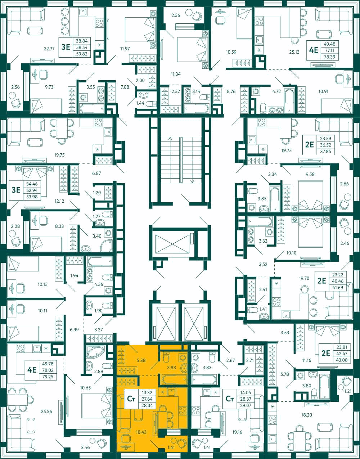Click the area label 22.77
[49, 49]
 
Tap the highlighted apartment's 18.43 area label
[141, 432]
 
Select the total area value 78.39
[329, 57]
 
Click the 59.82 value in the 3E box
[82, 54]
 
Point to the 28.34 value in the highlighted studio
[147, 405]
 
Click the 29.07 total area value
[246, 405]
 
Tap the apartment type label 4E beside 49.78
[32, 370]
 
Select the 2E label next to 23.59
[310, 145]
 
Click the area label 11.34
[176, 74]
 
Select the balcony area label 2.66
[345, 184]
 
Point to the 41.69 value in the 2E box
[338, 288]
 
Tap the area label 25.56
[46, 411]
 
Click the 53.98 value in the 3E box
[32, 197]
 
